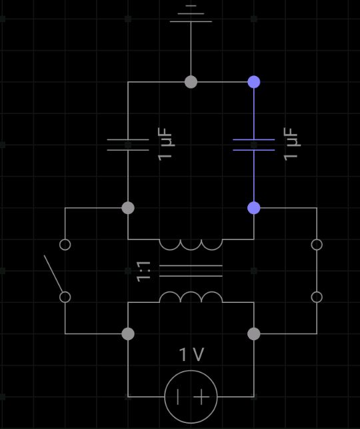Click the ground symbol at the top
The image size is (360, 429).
click(191, 14)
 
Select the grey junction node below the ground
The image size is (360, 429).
click(191, 82)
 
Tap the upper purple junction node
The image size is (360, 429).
click(254, 82)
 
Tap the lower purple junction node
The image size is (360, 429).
click(254, 208)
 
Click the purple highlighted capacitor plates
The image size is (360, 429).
click(254, 145)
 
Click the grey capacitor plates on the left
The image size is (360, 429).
click(128, 145)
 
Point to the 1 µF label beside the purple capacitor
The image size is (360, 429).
click(291, 144)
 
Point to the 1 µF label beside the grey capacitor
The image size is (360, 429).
click(165, 144)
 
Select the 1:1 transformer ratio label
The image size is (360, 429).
click(144, 272)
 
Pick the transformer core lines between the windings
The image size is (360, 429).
click(191, 271)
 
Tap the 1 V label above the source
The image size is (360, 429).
click(191, 354)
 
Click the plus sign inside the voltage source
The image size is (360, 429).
click(201, 397)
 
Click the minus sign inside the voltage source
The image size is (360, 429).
click(178, 397)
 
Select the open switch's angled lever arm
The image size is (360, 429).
click(53, 274)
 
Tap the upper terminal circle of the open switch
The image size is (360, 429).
click(65, 245)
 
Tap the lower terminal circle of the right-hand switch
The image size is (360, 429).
click(317, 297)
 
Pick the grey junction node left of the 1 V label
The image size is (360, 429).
click(128, 334)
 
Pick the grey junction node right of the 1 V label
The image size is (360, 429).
click(254, 334)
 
